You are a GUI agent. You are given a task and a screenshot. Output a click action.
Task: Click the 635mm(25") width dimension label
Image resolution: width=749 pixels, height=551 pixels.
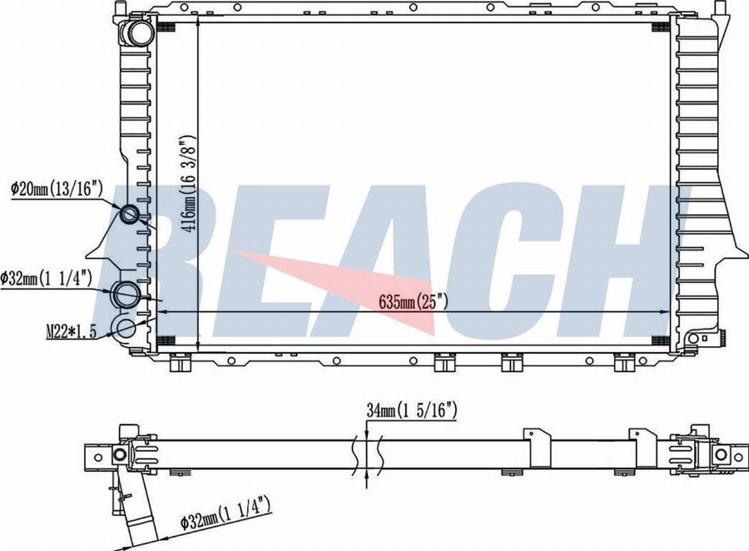[413, 301]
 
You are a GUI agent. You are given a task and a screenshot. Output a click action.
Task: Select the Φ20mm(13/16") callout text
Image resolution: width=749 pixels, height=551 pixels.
[57, 189]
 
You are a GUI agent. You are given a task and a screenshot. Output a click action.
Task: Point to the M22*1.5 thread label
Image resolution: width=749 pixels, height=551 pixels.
[72, 330]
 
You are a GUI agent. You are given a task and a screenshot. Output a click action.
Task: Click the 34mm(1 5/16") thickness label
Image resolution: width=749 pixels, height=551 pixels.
[412, 410]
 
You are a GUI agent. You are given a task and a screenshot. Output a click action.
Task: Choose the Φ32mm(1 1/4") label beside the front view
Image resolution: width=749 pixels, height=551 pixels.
[46, 277]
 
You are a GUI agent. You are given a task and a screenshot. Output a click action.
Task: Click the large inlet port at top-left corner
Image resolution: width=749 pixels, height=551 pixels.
[137, 32]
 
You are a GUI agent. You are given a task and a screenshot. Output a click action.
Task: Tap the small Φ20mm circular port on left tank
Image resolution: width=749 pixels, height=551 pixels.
[130, 214]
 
